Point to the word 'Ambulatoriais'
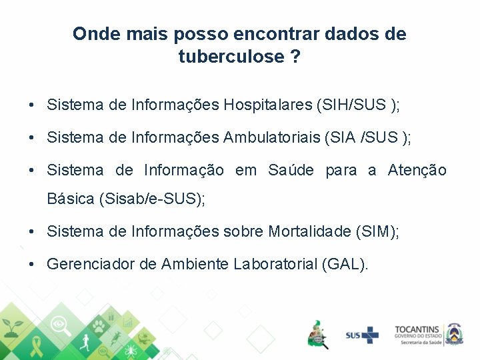[271, 138]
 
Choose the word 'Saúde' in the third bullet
[290, 171]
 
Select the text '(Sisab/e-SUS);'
[151, 199]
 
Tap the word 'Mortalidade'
[310, 231]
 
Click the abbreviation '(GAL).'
[345, 264]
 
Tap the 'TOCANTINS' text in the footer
[417, 329]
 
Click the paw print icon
[99, 327]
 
